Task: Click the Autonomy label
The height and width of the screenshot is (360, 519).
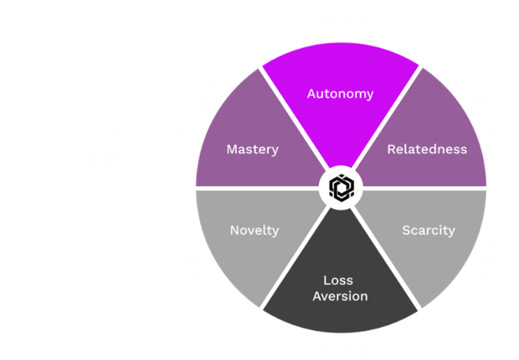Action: pos(340,94)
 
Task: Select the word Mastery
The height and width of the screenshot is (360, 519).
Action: pos(253,149)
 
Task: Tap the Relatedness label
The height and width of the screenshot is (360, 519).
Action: pos(427,149)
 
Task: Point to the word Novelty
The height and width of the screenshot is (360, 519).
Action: pos(255,230)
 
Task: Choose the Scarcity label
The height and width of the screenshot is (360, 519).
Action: pos(428,230)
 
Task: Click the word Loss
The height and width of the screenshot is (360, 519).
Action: pos(338,280)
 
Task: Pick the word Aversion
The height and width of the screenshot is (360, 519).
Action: pos(340,296)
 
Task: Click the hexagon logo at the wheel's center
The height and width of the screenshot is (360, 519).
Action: pos(340,188)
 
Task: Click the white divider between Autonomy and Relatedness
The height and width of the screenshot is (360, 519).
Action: pos(387,118)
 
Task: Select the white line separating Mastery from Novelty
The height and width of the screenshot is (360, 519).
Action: pos(256,188)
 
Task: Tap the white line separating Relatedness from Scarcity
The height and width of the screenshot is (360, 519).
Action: pos(423,188)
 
